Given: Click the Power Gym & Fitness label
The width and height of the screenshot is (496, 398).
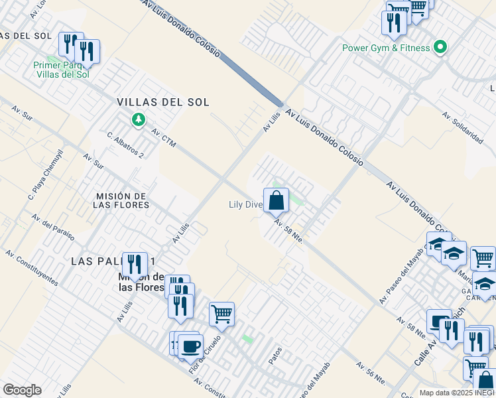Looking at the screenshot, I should (x=386, y=48).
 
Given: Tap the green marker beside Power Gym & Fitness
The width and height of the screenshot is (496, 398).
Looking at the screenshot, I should (x=440, y=47).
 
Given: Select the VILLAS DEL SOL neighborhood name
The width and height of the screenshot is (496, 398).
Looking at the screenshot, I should (x=163, y=102).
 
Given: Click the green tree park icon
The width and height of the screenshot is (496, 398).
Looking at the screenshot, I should (x=138, y=120).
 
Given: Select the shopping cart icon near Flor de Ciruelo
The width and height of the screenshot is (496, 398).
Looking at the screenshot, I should (x=221, y=314).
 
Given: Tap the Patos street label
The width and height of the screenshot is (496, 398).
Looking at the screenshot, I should (x=275, y=354).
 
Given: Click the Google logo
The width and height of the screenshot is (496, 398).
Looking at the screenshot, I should (x=22, y=390).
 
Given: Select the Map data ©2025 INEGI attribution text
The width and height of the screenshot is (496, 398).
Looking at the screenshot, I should (x=457, y=393).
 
